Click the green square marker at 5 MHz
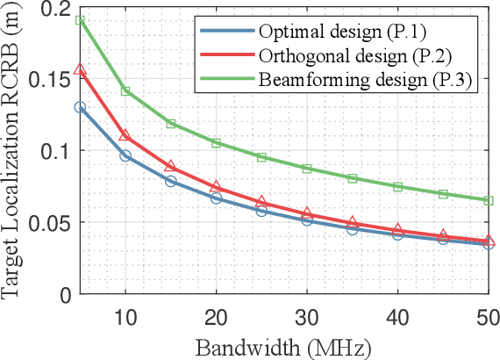click(x=80, y=20)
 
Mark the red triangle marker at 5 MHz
click(x=80, y=70)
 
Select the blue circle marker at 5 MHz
click(x=80, y=107)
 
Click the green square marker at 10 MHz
click(x=125, y=91)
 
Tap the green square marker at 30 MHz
click(x=307, y=169)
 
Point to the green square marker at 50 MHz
click(x=489, y=200)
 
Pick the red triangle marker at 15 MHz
click(x=171, y=166)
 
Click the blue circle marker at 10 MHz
click(x=125, y=155)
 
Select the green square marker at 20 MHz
click(x=216, y=142)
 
